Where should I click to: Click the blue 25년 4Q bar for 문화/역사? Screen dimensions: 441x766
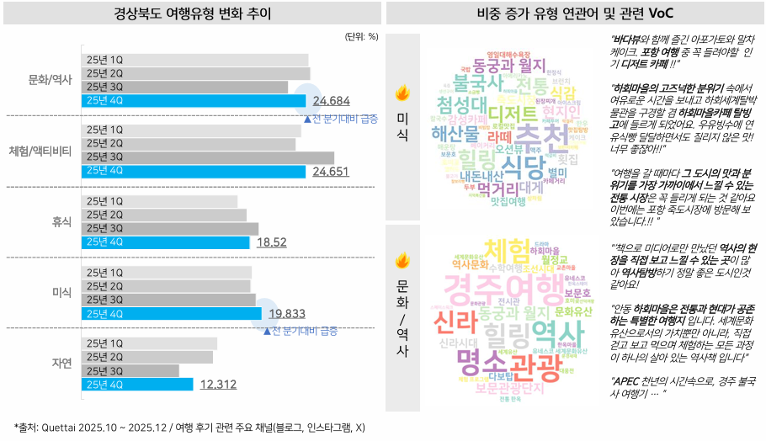point(194,101)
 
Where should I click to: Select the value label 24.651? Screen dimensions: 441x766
point(331,172)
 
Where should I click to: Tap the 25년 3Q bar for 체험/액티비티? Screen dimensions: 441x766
point(209,157)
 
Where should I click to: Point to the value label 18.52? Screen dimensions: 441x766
point(272,242)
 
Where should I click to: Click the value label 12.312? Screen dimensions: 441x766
point(218,385)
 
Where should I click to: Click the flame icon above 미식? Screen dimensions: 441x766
point(402,93)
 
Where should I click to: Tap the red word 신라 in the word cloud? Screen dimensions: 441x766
point(455,321)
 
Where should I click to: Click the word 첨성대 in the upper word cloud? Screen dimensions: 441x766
point(460,104)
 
